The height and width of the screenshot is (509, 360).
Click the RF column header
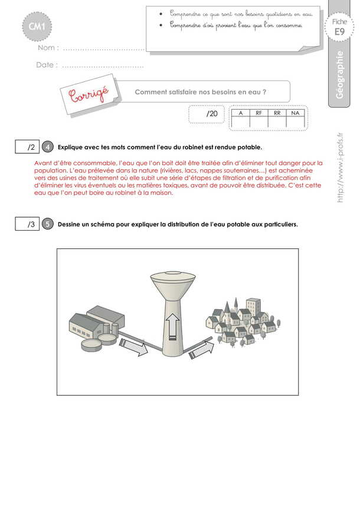258,112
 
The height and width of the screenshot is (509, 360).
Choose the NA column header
295,112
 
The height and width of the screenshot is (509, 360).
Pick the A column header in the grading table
241,112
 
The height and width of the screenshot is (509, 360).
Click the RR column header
277,112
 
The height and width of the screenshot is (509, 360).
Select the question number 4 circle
48,146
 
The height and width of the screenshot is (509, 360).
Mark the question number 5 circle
48,225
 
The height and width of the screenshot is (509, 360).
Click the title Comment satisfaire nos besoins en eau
201,92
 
